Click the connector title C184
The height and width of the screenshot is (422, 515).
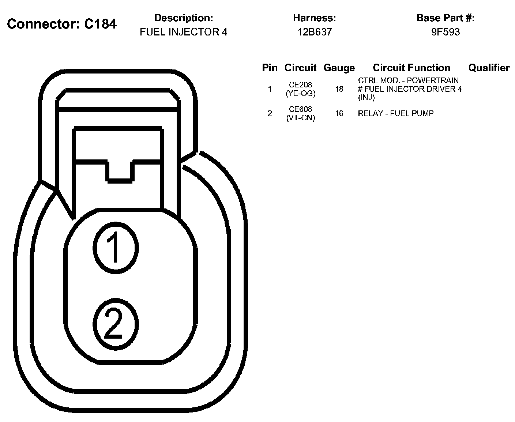click(62, 24)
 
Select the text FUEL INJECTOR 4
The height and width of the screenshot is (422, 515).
click(183, 32)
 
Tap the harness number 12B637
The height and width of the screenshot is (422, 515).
click(314, 32)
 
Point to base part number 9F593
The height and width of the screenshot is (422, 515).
click(445, 32)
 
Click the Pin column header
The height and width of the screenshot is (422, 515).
click(270, 68)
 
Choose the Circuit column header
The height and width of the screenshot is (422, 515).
click(300, 68)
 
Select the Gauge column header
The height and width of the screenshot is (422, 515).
click(339, 68)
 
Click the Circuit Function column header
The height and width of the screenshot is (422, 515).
click(411, 68)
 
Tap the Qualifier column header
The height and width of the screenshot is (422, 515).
click(489, 68)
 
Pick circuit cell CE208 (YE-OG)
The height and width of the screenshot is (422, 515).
click(300, 89)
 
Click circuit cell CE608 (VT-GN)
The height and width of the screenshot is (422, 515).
click(300, 113)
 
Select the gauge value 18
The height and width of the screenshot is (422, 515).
click(339, 89)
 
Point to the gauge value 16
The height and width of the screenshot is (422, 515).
click(339, 113)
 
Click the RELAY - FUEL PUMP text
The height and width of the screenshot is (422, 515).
click(396, 113)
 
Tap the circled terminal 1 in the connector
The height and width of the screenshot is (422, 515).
click(116, 248)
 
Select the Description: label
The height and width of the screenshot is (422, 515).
click(183, 18)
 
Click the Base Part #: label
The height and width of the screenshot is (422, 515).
click(445, 18)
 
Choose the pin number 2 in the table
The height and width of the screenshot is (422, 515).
click(270, 113)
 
